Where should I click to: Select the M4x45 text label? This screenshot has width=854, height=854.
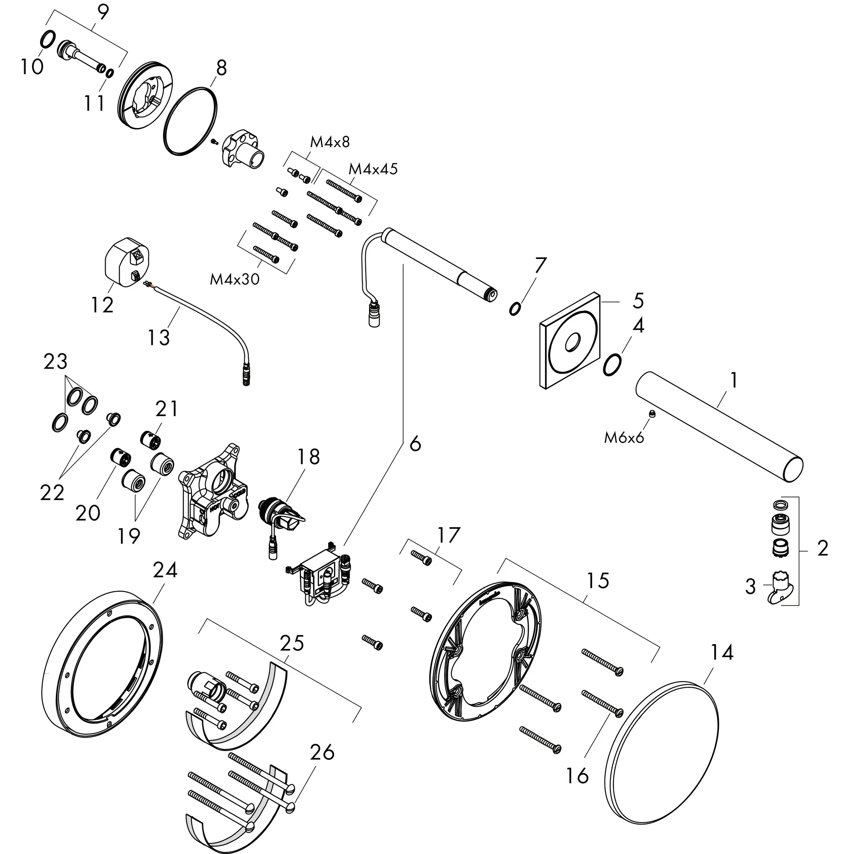(x=373, y=169)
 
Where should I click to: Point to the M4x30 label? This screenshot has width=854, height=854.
(x=234, y=279)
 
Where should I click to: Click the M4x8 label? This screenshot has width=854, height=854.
(x=330, y=142)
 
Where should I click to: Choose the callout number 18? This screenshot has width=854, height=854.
(x=308, y=457)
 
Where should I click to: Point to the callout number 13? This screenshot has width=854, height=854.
(x=158, y=338)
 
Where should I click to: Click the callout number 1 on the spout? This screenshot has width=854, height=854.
(x=733, y=380)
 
